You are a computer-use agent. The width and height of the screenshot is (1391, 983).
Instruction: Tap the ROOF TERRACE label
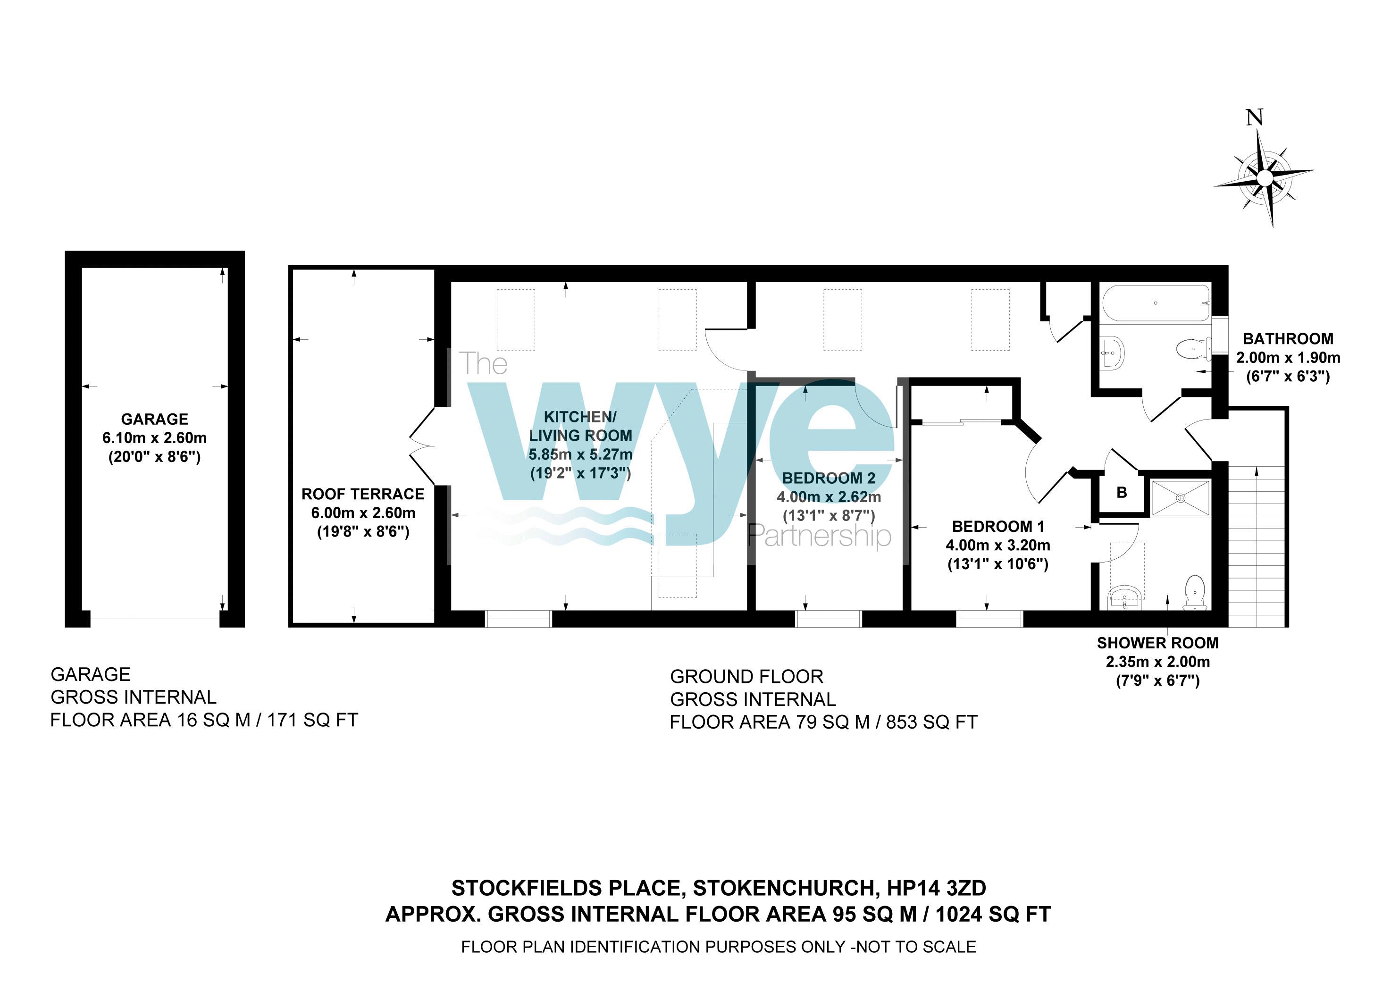pyautogui.click(x=362, y=494)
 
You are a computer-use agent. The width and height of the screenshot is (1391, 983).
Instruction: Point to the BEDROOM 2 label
pyautogui.click(x=828, y=478)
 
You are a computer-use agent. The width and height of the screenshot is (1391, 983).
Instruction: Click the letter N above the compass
pyautogui.click(x=1254, y=118)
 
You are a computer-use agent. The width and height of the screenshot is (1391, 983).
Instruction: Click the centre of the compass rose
pyautogui.click(x=1265, y=177)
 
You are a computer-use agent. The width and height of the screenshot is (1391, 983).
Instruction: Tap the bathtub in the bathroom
pyautogui.click(x=1156, y=303)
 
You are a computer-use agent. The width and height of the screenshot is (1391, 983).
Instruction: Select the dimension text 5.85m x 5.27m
pyautogui.click(x=580, y=454)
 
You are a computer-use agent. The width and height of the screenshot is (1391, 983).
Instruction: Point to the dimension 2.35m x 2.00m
pyautogui.click(x=1157, y=661)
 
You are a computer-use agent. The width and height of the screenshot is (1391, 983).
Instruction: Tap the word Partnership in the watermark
pyautogui.click(x=819, y=536)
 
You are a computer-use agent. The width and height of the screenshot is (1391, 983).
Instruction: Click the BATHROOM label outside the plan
pyautogui.click(x=1287, y=339)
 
